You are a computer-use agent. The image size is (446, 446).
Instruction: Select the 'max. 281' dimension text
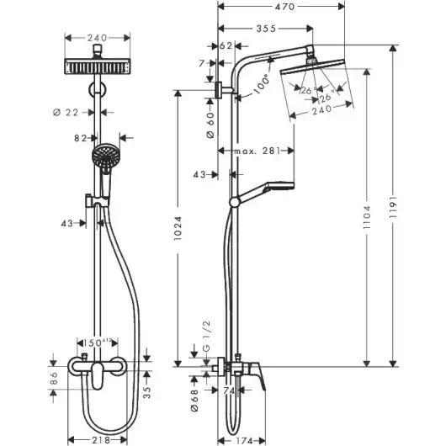(x=257, y=151)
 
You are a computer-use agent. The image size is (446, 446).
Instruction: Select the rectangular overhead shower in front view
(x=98, y=65)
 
